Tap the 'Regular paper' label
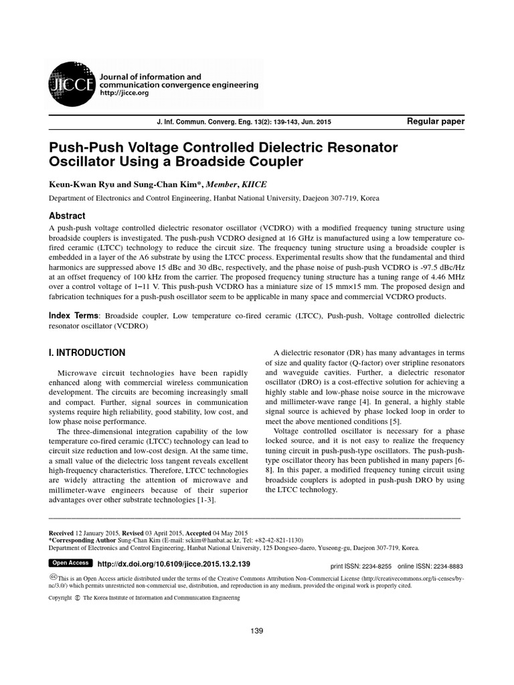tap(435, 121)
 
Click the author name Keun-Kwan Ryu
tap(83, 184)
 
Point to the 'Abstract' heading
tap(68, 216)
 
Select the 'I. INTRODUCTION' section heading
tap(87, 353)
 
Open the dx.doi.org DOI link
tap(174, 565)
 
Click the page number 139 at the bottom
tap(256, 631)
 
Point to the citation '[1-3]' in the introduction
tap(201, 500)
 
